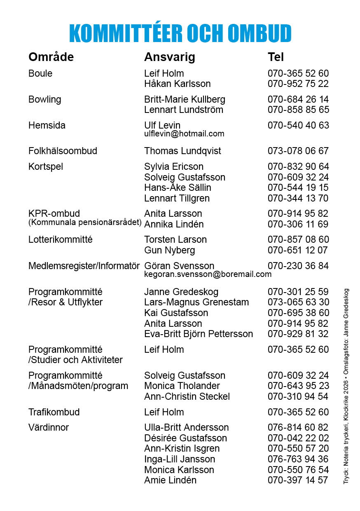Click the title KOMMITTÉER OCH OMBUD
(x=180, y=33)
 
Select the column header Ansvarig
(x=169, y=57)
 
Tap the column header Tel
(x=276, y=57)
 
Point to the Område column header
(x=51, y=57)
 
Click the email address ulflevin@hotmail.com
(x=184, y=134)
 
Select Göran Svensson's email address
(x=208, y=274)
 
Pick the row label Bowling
(x=44, y=99)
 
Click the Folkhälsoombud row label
(x=63, y=151)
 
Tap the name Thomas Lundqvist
(x=182, y=151)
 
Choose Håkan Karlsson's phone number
(x=298, y=84)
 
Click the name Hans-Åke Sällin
(x=178, y=188)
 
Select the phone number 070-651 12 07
(x=298, y=250)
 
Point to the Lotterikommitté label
(x=60, y=239)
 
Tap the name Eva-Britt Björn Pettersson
(x=199, y=334)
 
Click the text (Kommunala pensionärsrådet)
(x=85, y=223)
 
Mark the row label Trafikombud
(x=54, y=412)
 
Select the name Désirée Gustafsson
(x=185, y=438)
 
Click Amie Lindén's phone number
(x=298, y=480)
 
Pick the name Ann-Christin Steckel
(x=187, y=396)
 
